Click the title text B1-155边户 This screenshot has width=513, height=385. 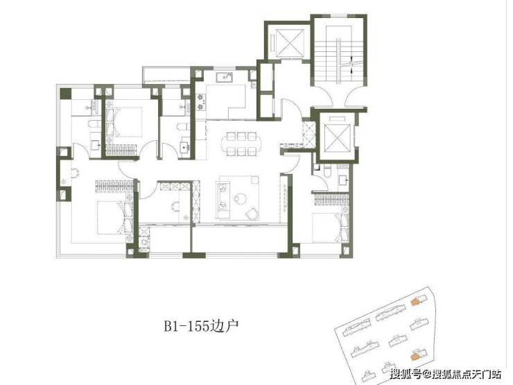(x=201, y=326)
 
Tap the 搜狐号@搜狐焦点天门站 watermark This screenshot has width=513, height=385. (x=446, y=373)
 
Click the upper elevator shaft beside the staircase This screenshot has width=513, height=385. (x=287, y=40)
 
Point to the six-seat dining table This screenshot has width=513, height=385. (x=242, y=144)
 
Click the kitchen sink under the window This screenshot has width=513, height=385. (x=224, y=77)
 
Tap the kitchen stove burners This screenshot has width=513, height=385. (x=200, y=102)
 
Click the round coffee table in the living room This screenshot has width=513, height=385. (x=240, y=198)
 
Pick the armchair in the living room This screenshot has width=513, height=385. (x=251, y=213)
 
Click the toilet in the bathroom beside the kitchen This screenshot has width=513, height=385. (x=182, y=126)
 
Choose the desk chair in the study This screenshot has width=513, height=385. (x=175, y=206)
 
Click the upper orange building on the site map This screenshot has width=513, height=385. (x=415, y=302)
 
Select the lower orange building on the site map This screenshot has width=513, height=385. (x=414, y=356)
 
